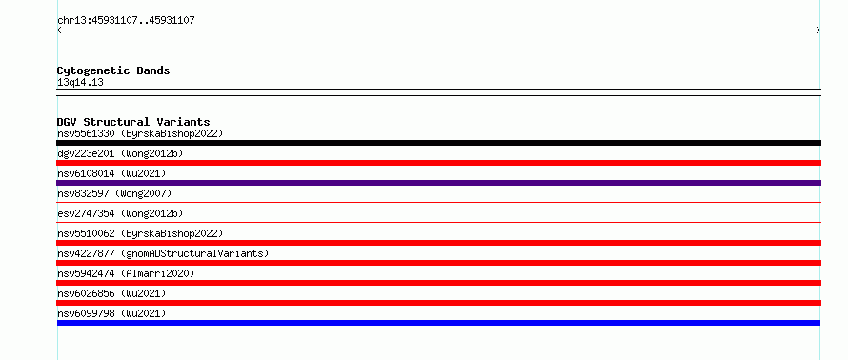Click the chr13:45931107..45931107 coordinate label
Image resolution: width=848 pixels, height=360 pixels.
click(126, 21)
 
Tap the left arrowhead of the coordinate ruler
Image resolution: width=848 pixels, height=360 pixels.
click(58, 30)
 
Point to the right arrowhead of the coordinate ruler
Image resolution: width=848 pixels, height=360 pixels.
click(819, 30)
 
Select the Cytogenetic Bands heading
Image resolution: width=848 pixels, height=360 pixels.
click(113, 70)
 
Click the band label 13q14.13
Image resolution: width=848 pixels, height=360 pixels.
click(80, 83)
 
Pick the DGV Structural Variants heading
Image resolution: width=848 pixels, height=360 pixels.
click(133, 122)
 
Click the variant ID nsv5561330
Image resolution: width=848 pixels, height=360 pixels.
click(86, 133)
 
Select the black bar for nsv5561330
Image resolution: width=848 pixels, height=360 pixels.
click(438, 143)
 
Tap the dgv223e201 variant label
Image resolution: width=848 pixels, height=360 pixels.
click(86, 153)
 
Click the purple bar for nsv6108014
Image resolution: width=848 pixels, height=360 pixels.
click(438, 183)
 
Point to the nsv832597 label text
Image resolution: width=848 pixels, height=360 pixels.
click(83, 193)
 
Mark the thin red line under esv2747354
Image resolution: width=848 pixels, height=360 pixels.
click(438, 222)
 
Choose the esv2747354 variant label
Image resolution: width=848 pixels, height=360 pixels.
click(86, 213)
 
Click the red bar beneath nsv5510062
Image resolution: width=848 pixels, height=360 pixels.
click(438, 243)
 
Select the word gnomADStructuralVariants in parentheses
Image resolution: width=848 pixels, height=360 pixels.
click(194, 253)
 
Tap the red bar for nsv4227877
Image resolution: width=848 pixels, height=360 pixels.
click(438, 263)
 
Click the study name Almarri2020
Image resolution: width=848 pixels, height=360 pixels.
click(157, 273)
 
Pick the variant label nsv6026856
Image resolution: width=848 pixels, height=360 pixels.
click(86, 293)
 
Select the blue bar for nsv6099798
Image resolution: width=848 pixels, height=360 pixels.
click(438, 323)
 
